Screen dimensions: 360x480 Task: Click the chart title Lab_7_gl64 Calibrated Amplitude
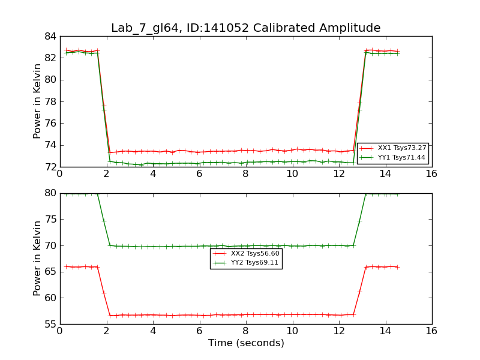(245, 28)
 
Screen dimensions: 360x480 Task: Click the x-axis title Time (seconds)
(246, 343)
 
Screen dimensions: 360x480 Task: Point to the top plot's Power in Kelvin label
(37, 101)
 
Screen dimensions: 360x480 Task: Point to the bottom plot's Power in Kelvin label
(37, 258)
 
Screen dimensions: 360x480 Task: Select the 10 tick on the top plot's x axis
(292, 174)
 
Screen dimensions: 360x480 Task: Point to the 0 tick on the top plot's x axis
(60, 174)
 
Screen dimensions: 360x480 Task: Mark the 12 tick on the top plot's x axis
(338, 174)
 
